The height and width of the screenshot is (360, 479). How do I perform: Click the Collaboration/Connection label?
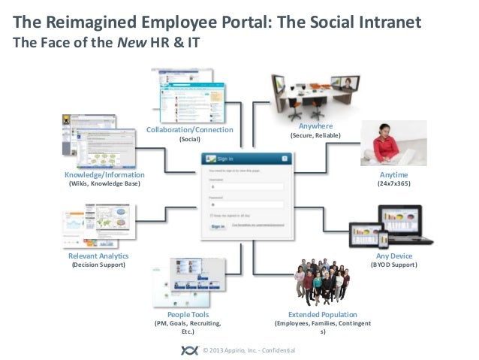[x=189, y=130]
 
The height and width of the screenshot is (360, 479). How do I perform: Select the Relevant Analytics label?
[x=98, y=256]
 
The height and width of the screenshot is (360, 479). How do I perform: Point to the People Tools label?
[x=188, y=314]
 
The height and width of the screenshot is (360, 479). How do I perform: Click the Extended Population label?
[x=323, y=314]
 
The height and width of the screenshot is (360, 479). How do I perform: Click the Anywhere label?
[x=315, y=126]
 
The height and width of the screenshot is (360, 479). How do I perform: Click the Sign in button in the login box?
[x=218, y=226]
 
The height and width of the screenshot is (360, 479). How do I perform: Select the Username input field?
[x=246, y=186]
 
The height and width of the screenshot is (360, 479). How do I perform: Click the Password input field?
[x=246, y=204]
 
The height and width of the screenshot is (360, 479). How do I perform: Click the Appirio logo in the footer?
[x=189, y=350]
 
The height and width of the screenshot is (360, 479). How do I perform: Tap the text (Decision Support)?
[x=98, y=265]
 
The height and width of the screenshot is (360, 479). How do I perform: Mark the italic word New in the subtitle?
[x=129, y=42]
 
